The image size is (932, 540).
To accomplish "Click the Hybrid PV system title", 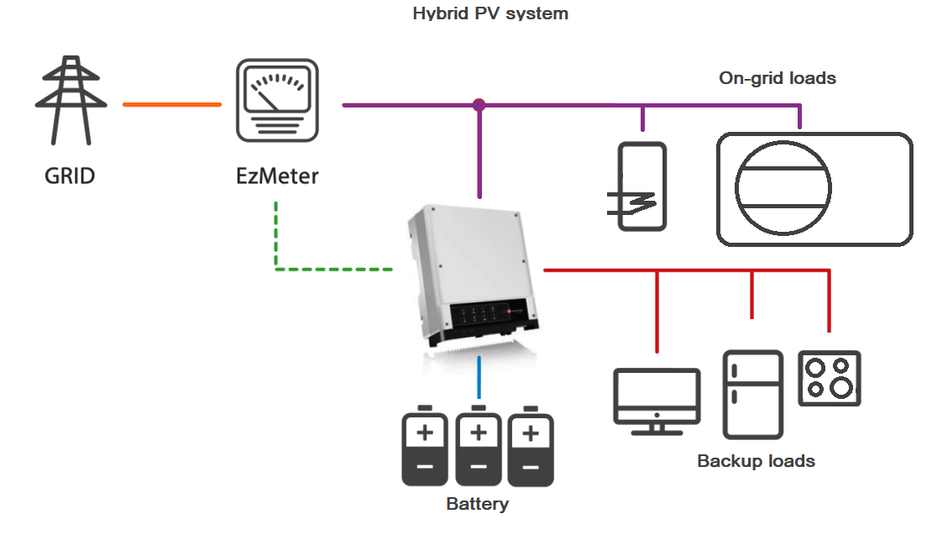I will point(490,13).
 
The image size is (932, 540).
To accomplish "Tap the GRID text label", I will point(70,176).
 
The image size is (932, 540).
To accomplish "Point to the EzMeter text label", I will point(277,176).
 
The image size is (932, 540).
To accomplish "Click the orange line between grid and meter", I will point(172,105).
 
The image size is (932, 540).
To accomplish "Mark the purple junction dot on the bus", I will point(479,105).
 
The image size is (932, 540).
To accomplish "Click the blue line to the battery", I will point(479,378).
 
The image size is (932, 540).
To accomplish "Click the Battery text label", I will point(477,505).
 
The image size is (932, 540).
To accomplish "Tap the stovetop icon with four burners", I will point(829,379).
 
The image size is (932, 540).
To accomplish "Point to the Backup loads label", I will point(756,461).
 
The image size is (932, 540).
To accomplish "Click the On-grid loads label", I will point(778,78).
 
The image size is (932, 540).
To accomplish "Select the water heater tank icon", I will point(642,186).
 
